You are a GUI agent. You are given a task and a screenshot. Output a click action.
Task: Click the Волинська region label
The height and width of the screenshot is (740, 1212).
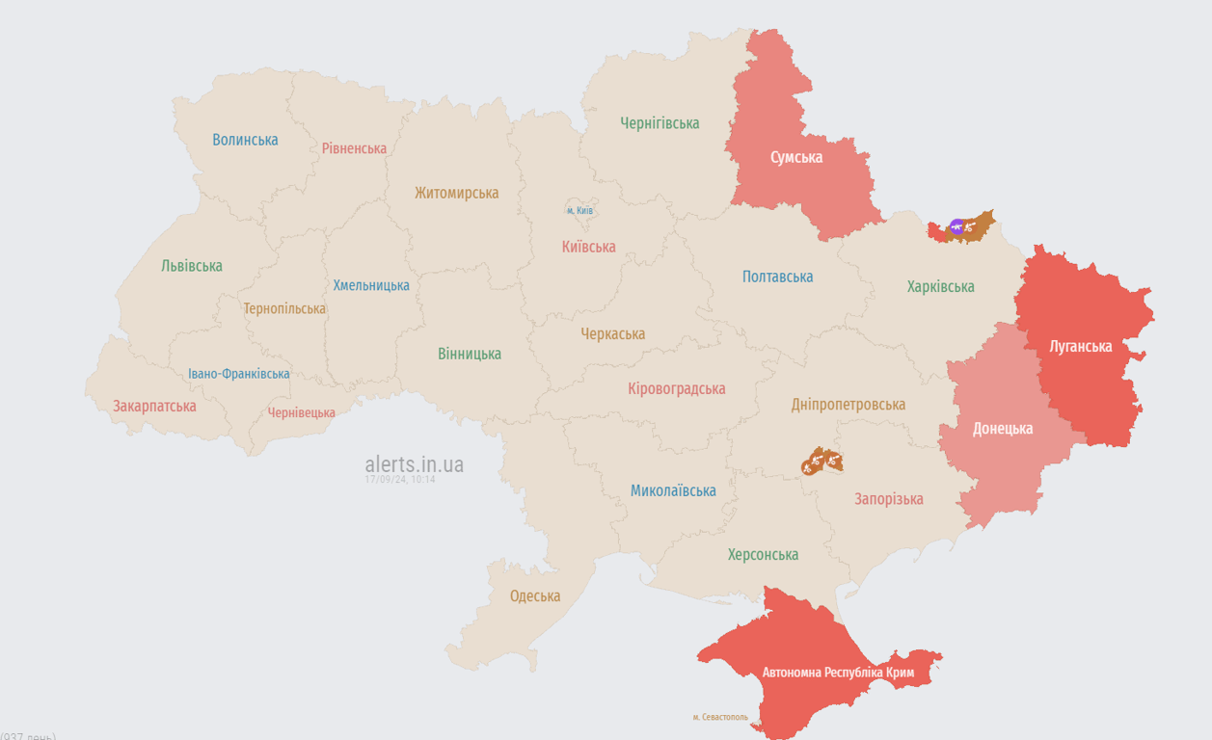pos(245,140)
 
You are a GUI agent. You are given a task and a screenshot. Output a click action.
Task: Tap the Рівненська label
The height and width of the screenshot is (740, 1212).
pos(354,148)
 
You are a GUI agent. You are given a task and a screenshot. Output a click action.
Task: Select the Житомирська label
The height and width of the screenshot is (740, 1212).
pos(456,193)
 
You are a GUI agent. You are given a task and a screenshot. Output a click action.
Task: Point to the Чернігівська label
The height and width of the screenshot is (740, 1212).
pos(660,123)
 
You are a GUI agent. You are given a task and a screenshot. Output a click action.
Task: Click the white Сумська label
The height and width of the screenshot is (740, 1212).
pos(796,157)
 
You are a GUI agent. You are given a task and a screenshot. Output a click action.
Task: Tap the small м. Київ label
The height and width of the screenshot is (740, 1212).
pos(579,210)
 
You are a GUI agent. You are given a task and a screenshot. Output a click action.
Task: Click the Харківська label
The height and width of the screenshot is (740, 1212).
pos(940,286)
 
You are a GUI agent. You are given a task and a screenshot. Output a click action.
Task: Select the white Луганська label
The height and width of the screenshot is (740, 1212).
pos(1080,346)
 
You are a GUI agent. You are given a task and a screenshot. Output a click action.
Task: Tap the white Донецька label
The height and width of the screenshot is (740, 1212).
pos(1003,429)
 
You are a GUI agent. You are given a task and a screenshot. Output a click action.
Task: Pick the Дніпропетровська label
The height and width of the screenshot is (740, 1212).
pos(848,405)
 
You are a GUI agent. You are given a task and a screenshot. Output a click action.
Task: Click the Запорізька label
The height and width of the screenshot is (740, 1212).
pos(888,498)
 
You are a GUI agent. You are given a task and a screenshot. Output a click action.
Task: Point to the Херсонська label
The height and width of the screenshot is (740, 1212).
pos(763,555)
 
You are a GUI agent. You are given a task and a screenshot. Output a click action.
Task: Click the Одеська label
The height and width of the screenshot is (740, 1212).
pos(534,596)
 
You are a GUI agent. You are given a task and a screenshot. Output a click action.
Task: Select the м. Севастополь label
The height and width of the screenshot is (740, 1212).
pos(719,717)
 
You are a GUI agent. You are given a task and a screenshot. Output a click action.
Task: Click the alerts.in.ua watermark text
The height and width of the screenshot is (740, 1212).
pos(414,464)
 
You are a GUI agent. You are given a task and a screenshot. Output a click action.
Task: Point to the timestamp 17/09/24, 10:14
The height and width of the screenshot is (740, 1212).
pos(399,479)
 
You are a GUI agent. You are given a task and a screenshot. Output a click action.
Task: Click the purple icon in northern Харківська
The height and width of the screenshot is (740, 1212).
pos(956,226)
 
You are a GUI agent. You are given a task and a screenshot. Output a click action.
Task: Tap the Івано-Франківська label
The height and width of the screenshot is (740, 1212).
pos(238,374)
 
